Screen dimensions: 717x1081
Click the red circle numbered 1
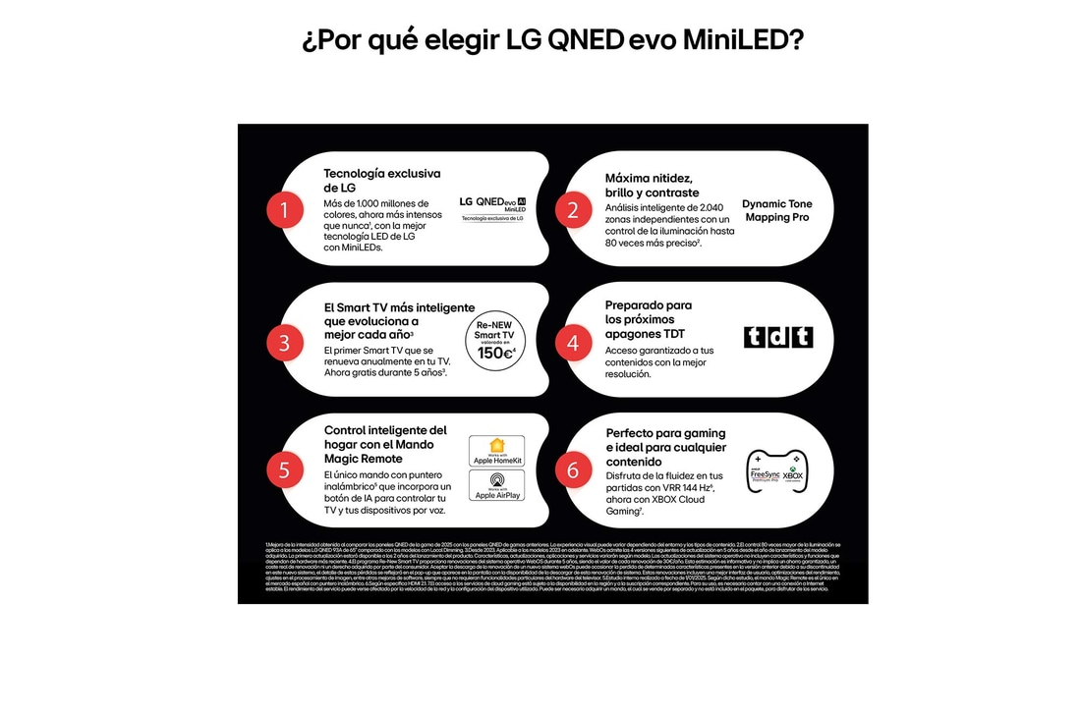284,208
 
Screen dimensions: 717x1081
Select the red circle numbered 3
284,342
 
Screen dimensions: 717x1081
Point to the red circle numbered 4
573,342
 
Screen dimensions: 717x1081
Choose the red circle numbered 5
284,469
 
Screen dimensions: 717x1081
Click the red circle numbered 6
573,469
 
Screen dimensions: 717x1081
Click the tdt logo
778,337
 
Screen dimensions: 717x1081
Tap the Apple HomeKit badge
496,451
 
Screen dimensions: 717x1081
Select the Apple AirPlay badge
496,485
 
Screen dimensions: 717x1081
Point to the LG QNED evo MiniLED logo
493,207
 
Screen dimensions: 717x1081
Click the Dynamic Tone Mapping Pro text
776,210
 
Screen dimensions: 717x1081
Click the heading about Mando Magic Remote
385,444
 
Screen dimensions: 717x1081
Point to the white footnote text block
552,567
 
